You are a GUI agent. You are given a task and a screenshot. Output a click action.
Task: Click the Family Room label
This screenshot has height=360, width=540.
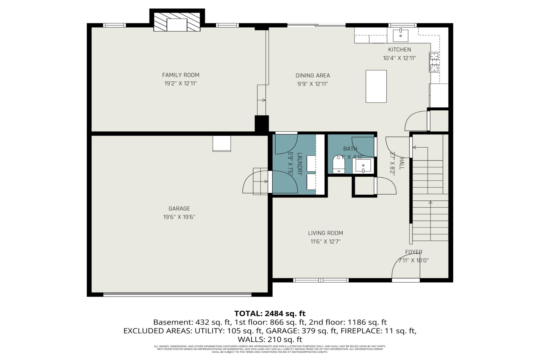pyautogui.click(x=181, y=75)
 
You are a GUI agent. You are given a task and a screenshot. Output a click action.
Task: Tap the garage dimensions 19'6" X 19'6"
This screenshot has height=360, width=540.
pyautogui.click(x=179, y=217)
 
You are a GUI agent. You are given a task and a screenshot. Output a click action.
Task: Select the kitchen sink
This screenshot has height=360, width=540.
pyautogui.click(x=401, y=35)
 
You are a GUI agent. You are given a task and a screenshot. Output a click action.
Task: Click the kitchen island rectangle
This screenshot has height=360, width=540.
pyautogui.click(x=376, y=86)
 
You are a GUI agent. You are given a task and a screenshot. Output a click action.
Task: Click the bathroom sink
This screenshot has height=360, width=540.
pyautogui.click(x=363, y=166)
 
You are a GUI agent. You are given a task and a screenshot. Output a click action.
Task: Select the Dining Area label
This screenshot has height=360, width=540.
pyautogui.click(x=313, y=76)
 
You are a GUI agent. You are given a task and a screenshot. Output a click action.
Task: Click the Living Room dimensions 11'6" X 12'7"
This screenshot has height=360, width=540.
pyautogui.click(x=325, y=241)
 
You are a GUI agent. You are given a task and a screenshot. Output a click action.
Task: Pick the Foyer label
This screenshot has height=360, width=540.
pyautogui.click(x=413, y=252)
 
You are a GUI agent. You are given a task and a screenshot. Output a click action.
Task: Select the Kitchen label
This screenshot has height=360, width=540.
pyautogui.click(x=399, y=49)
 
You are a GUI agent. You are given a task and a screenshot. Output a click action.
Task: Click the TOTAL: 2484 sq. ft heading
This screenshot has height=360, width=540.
pyautogui.click(x=269, y=313)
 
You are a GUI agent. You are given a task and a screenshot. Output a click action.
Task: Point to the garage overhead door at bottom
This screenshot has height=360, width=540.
pyautogui.click(x=177, y=295)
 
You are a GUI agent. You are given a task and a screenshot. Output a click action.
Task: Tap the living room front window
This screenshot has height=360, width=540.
pyautogui.click(x=321, y=280)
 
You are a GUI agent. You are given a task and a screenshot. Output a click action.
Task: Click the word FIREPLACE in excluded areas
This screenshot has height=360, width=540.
pyautogui.click(x=360, y=331)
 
